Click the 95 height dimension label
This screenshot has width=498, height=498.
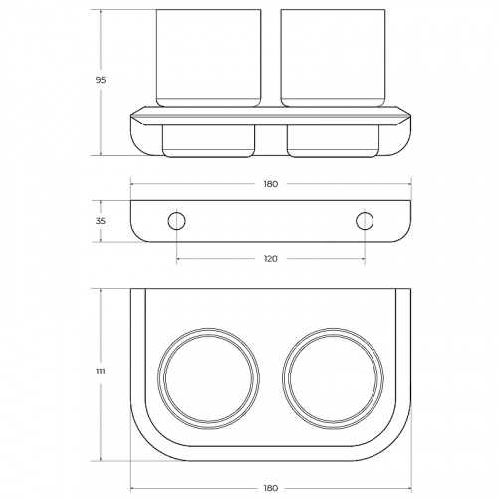click(101, 80)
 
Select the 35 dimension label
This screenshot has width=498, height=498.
click(101, 221)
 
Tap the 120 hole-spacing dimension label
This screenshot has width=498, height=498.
click(271, 259)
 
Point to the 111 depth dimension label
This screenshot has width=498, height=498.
click(101, 372)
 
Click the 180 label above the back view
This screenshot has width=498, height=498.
click(271, 184)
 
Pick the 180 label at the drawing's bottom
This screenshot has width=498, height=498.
click(271, 488)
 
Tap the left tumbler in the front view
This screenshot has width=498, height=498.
click(208, 58)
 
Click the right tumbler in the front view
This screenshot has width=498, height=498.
click(333, 58)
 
